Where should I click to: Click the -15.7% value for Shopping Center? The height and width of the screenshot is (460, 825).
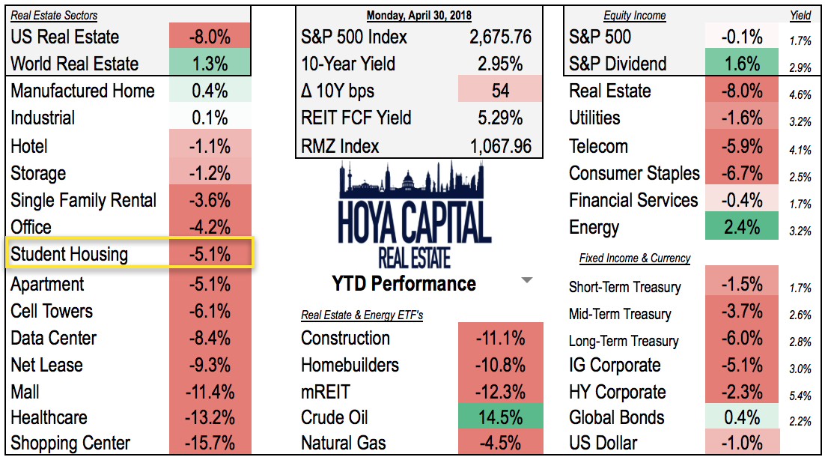coord(210,444)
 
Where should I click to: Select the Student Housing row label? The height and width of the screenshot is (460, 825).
coord(69,255)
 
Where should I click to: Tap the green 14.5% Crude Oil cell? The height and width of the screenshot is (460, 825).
coord(500,417)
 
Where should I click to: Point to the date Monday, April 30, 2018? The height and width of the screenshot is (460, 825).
coord(418,16)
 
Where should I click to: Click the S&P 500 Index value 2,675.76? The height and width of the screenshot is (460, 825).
coord(500,37)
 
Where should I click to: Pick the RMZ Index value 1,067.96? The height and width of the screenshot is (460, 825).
coord(500,146)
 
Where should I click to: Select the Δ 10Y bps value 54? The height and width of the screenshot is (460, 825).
coord(500,91)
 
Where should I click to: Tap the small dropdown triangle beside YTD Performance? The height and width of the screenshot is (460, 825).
coord(526,281)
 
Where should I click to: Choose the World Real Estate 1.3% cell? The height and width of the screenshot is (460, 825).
coord(210,64)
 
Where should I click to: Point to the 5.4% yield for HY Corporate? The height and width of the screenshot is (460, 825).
coord(800,395)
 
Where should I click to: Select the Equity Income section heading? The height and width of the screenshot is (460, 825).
coord(634,16)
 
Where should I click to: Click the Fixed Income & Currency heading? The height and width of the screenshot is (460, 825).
coord(634,258)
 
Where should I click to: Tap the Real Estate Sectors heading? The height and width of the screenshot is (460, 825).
coord(54,16)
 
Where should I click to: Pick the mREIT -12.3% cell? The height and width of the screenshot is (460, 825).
coord(500,392)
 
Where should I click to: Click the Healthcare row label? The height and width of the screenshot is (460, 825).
coord(49,417)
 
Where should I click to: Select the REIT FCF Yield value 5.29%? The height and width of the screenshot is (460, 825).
coord(500,118)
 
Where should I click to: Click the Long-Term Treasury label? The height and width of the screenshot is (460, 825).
coord(624,341)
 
